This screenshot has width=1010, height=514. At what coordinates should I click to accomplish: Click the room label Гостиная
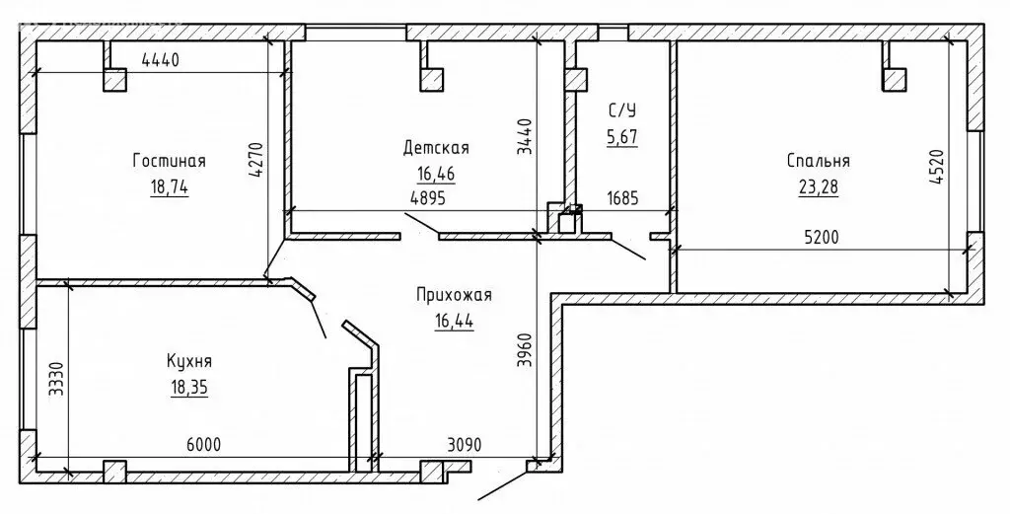pos(170,161)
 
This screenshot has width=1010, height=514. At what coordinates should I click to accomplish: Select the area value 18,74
pos(170,186)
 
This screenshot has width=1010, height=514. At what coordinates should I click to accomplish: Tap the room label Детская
pos(436,148)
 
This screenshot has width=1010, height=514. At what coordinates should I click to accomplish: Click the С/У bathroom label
pos(622,110)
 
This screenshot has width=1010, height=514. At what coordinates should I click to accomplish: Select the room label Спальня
pos(818,161)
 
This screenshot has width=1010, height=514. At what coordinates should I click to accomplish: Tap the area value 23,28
pos(818,186)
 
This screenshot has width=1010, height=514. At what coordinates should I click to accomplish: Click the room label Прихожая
pos(454,295)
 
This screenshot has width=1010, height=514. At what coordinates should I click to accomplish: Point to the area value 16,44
pos(454,320)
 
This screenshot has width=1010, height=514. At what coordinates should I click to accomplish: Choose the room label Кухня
pos(189,361)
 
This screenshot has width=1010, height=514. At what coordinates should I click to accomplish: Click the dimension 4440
pos(160,60)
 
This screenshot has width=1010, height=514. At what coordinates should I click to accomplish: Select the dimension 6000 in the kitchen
pos(203,444)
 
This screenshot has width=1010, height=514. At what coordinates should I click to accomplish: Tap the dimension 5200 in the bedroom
pos(822,238)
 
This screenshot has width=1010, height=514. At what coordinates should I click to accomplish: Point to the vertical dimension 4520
pos(936,169)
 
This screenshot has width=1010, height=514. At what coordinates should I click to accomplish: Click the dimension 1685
pos(623,197)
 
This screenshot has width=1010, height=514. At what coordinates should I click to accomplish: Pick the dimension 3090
pos(465,444)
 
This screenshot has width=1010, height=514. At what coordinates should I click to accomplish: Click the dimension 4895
pos(428,197)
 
